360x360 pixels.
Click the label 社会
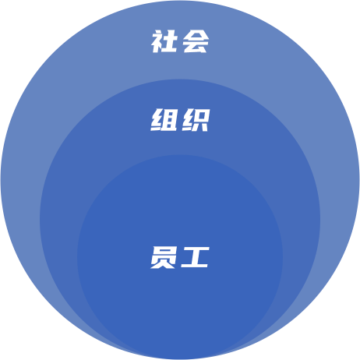(x=180, y=41)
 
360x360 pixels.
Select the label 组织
(x=180, y=120)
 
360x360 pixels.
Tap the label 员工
(x=180, y=257)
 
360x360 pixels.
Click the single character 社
(x=164, y=41)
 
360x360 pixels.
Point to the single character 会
(x=196, y=41)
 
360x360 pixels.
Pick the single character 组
(x=164, y=120)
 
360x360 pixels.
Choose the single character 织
(x=196, y=120)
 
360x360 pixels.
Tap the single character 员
(x=164, y=257)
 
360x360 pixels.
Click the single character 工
(x=196, y=257)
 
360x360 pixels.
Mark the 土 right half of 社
(x=171, y=41)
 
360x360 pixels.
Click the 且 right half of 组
(x=170, y=120)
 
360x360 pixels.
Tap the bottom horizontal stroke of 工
(x=195, y=266)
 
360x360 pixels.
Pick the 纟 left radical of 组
(x=157, y=120)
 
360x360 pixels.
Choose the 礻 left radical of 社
(x=157, y=41)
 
